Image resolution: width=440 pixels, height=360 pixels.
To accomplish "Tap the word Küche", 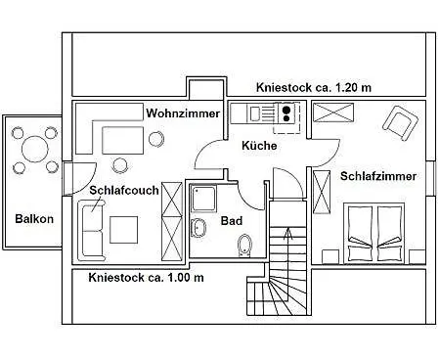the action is [259, 146].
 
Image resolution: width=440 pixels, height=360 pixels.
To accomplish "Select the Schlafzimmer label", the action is [378, 176].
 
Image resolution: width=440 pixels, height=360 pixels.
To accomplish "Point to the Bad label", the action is [232, 221].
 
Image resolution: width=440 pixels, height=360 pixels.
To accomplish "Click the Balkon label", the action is [34, 218].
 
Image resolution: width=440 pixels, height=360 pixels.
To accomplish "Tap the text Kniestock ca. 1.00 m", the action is [146, 277].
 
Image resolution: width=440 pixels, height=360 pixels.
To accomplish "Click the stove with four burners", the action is [285, 115].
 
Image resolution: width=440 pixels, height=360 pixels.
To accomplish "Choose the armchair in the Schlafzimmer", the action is [399, 121].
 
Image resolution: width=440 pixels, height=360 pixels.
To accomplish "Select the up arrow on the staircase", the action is [286, 235].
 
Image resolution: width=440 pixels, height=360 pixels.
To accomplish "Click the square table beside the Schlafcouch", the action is [124, 228].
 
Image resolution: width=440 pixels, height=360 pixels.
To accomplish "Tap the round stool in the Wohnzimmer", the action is [155, 139].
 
